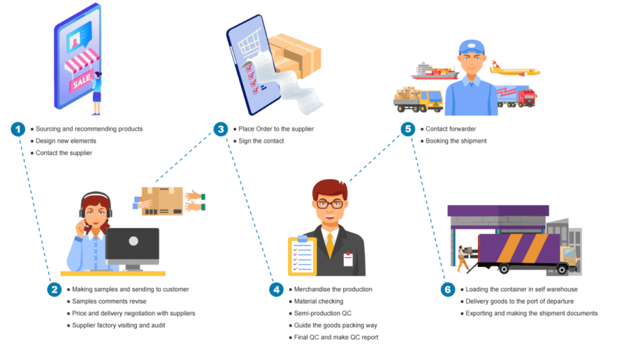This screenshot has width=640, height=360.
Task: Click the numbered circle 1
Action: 18,130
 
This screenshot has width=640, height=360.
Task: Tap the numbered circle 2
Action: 54,290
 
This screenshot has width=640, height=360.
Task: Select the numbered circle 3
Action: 221,130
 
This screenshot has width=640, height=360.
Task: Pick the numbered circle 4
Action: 276,290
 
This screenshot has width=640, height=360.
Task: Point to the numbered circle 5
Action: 407,130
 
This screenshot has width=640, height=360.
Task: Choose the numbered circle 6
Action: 447,290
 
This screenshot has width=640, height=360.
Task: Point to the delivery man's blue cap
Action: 471,47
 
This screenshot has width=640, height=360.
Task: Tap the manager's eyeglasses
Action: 329,204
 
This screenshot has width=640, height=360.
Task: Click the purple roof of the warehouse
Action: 498,211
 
